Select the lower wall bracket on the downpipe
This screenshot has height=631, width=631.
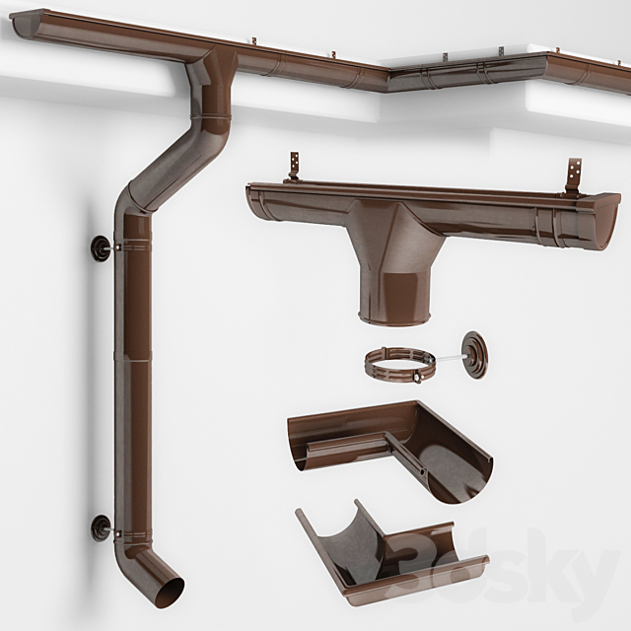(x=101, y=527)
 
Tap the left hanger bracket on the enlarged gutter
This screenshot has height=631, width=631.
(x=293, y=166)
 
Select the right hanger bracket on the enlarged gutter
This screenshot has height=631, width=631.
(x=573, y=175)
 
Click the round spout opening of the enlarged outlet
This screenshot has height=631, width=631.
(x=393, y=318)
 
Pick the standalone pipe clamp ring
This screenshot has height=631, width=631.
(x=399, y=366)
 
